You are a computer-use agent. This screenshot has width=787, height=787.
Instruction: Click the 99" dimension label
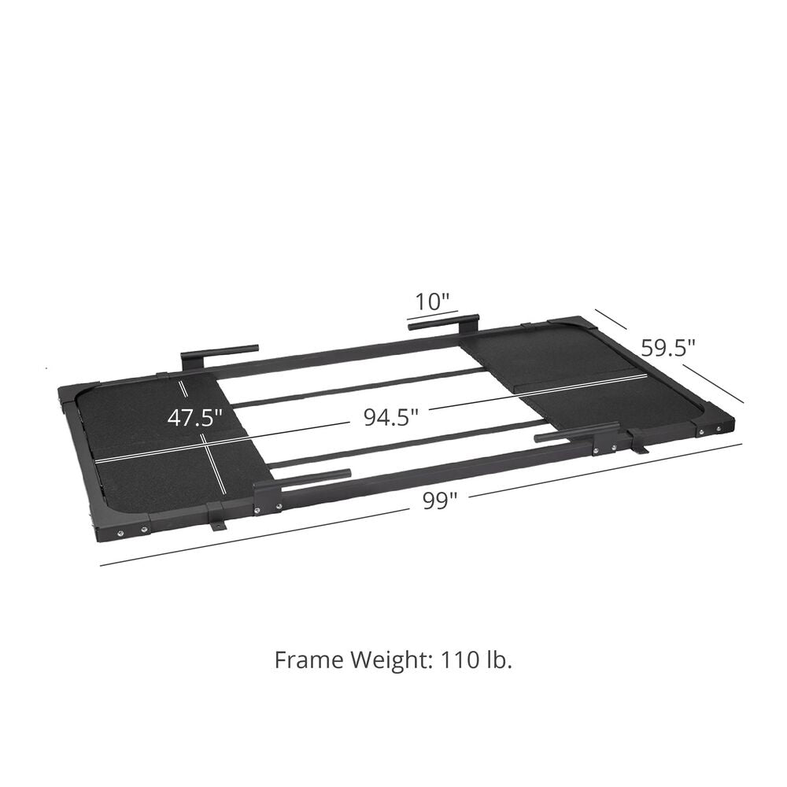[x=440, y=501]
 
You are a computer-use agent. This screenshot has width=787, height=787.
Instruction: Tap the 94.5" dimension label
[x=391, y=417]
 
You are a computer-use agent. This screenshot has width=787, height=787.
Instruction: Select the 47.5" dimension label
[x=194, y=417]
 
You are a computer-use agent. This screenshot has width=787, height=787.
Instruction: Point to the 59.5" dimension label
[x=668, y=347]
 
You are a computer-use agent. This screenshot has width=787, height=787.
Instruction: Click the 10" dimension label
[x=431, y=302]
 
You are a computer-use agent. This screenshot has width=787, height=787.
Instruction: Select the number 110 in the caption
[x=460, y=660]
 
